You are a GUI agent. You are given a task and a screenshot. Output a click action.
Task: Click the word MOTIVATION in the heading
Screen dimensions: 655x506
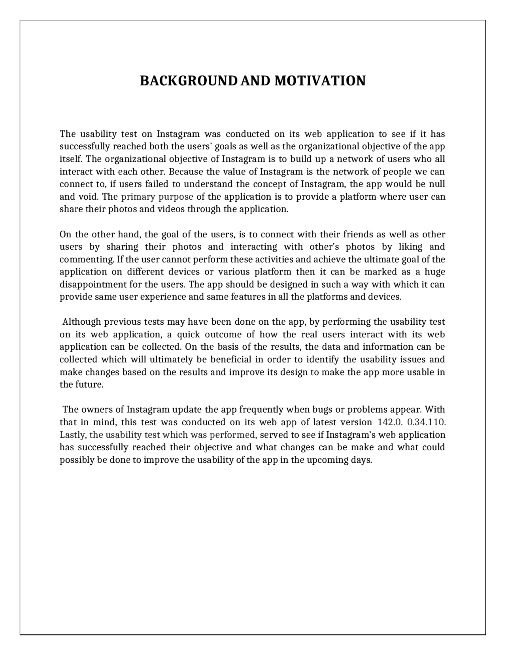point(320,81)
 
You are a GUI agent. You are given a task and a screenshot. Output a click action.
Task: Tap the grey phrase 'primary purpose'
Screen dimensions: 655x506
point(157,197)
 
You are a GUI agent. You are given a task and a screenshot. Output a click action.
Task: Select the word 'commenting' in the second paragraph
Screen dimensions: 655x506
point(87,259)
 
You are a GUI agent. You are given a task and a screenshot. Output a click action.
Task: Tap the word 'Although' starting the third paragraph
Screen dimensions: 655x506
point(82,322)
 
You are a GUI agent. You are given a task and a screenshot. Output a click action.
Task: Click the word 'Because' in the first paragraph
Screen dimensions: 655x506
point(185,172)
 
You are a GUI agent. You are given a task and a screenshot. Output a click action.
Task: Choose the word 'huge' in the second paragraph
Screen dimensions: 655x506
point(435,272)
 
